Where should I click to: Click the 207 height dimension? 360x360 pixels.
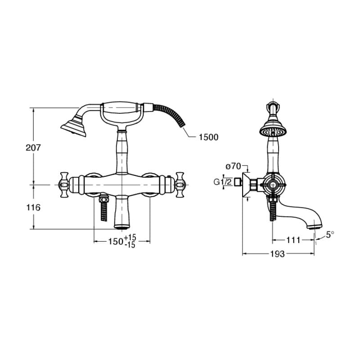tap(33, 148)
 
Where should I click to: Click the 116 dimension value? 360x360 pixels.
tap(33, 207)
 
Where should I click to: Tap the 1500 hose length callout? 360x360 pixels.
tap(208, 137)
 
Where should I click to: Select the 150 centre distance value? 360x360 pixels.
tap(116, 242)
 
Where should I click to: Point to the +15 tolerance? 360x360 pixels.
tap(130, 237)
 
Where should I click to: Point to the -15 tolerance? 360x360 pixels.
tap(130, 245)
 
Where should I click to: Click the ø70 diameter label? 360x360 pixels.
tap(233, 166)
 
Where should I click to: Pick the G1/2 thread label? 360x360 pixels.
tap(223, 182)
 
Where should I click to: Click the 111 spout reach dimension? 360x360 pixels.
tap(293, 240)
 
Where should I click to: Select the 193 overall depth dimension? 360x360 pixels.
tap(277, 254)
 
